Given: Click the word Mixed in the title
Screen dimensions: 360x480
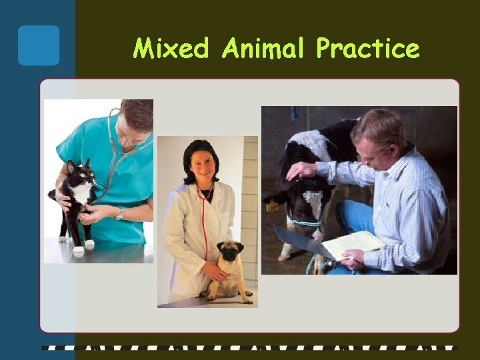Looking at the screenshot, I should click(x=171, y=48).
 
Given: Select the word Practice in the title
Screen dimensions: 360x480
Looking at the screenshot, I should click(x=367, y=48).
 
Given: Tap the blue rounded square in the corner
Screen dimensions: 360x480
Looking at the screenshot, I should click(x=39, y=45).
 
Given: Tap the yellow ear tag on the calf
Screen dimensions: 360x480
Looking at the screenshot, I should click(x=272, y=207).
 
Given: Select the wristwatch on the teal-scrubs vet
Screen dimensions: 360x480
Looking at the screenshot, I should click(x=119, y=214).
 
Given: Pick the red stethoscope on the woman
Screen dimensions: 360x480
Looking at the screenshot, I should click(x=203, y=227).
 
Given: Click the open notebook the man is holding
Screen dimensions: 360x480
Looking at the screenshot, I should click(x=352, y=243).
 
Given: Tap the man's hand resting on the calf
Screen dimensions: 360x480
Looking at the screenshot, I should click(x=301, y=170).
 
